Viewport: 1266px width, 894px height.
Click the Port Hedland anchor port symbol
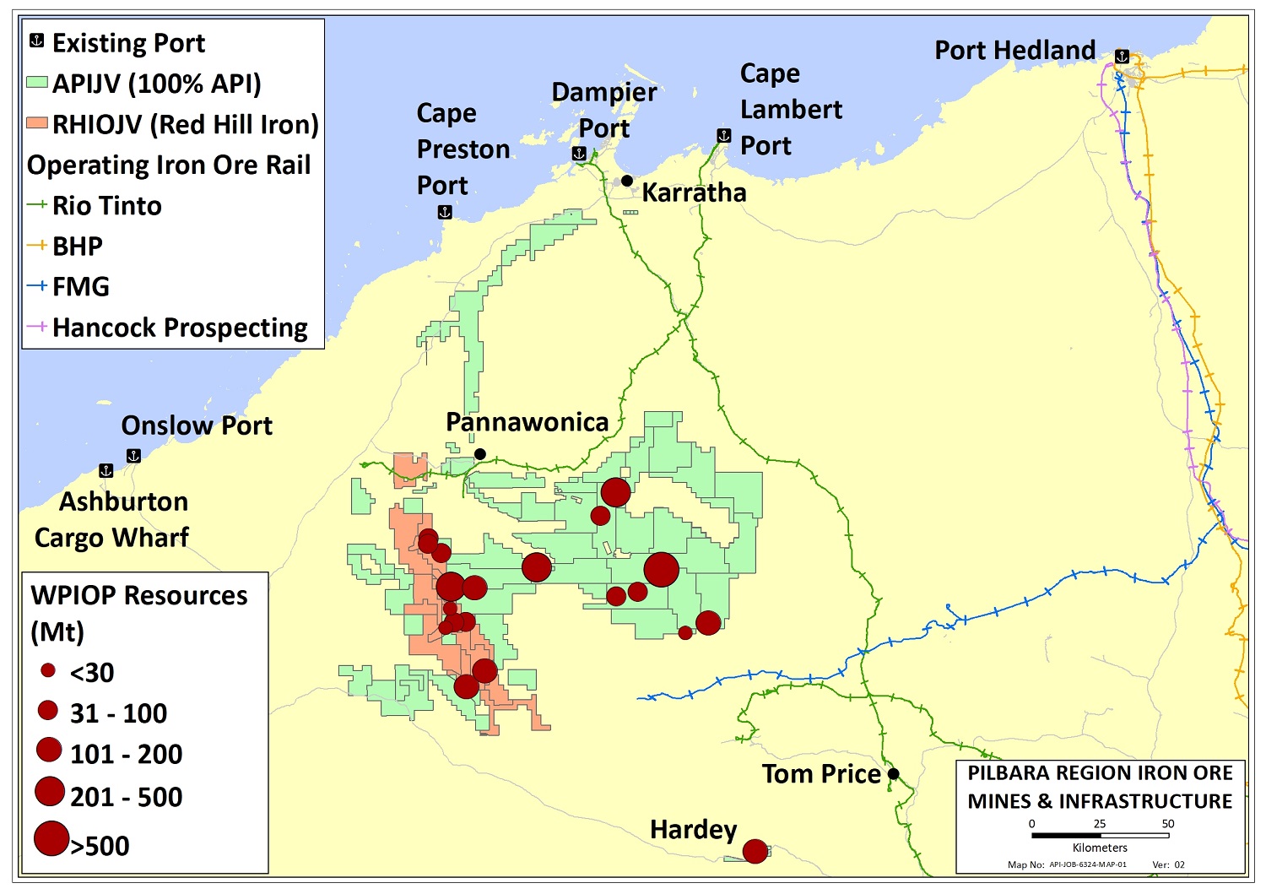[1122, 57]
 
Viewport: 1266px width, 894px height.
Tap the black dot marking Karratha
[627, 181]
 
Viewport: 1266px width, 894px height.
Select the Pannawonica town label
[527, 422]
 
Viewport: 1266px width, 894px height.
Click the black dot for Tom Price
[894, 774]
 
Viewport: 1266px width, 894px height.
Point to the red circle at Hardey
[755, 851]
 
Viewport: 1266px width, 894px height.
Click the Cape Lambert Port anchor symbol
[723, 135]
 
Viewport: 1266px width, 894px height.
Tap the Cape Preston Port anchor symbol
[445, 213]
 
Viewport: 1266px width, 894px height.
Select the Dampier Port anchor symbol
[579, 154]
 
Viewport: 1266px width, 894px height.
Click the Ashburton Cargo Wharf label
[112, 519]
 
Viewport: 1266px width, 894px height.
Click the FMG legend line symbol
[37, 286]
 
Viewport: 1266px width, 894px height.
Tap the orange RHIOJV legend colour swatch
[37, 124]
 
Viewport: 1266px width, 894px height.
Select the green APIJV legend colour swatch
[37, 84]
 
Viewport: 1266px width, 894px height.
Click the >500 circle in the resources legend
[51, 839]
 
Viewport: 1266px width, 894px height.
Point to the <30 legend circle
[48, 671]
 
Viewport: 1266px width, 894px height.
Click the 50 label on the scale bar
[1168, 824]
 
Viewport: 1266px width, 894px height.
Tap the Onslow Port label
[197, 425]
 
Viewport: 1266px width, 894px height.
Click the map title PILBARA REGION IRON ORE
[1100, 773]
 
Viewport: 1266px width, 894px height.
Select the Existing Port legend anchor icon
[37, 41]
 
